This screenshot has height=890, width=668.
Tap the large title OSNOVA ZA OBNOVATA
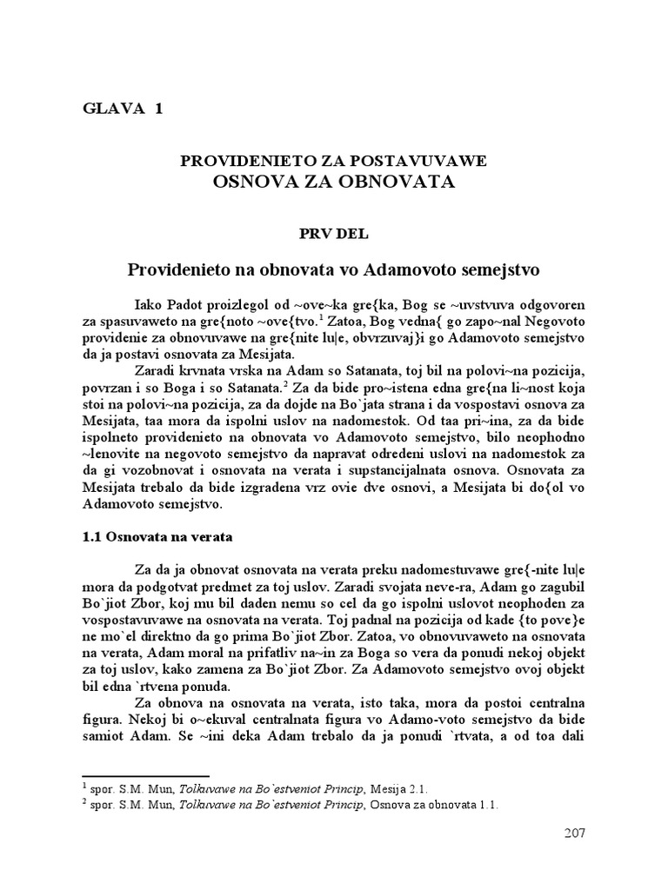coord(334,182)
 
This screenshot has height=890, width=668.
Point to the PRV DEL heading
coord(334,233)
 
